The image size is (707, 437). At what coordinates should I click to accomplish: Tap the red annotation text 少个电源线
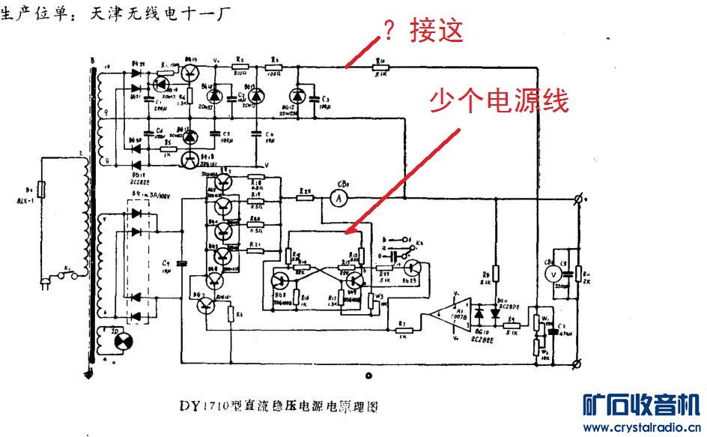pyautogui.click(x=498, y=100)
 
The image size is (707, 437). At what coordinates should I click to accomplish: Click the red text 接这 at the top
pyautogui.click(x=437, y=31)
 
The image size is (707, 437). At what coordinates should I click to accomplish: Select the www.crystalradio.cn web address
pyautogui.click(x=641, y=428)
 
